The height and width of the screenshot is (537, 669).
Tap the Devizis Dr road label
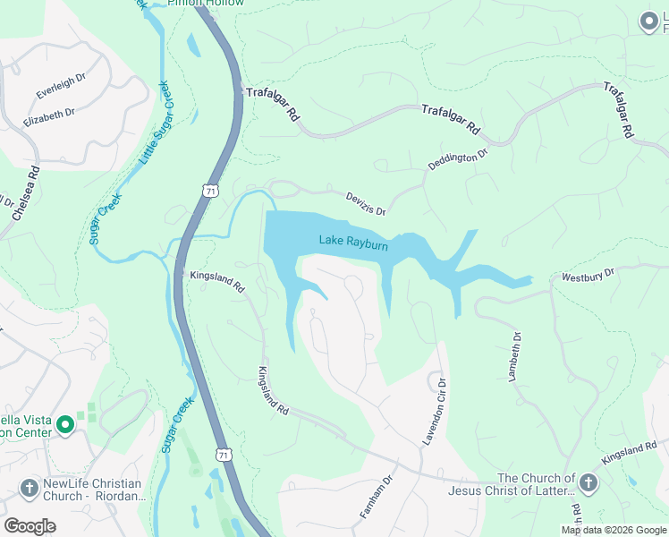coord(366,203)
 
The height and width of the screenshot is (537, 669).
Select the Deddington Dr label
coord(458,164)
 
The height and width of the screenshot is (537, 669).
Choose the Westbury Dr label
coord(589,276)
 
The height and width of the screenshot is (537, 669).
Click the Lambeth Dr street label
coord(514,357)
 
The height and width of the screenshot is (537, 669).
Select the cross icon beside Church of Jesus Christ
coord(588,484)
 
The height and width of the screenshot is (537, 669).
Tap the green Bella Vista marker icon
coord(64,425)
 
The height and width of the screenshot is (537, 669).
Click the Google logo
coord(30,525)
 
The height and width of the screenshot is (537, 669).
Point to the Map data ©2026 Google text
coord(612,530)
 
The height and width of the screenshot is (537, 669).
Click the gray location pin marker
coord(648,22)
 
